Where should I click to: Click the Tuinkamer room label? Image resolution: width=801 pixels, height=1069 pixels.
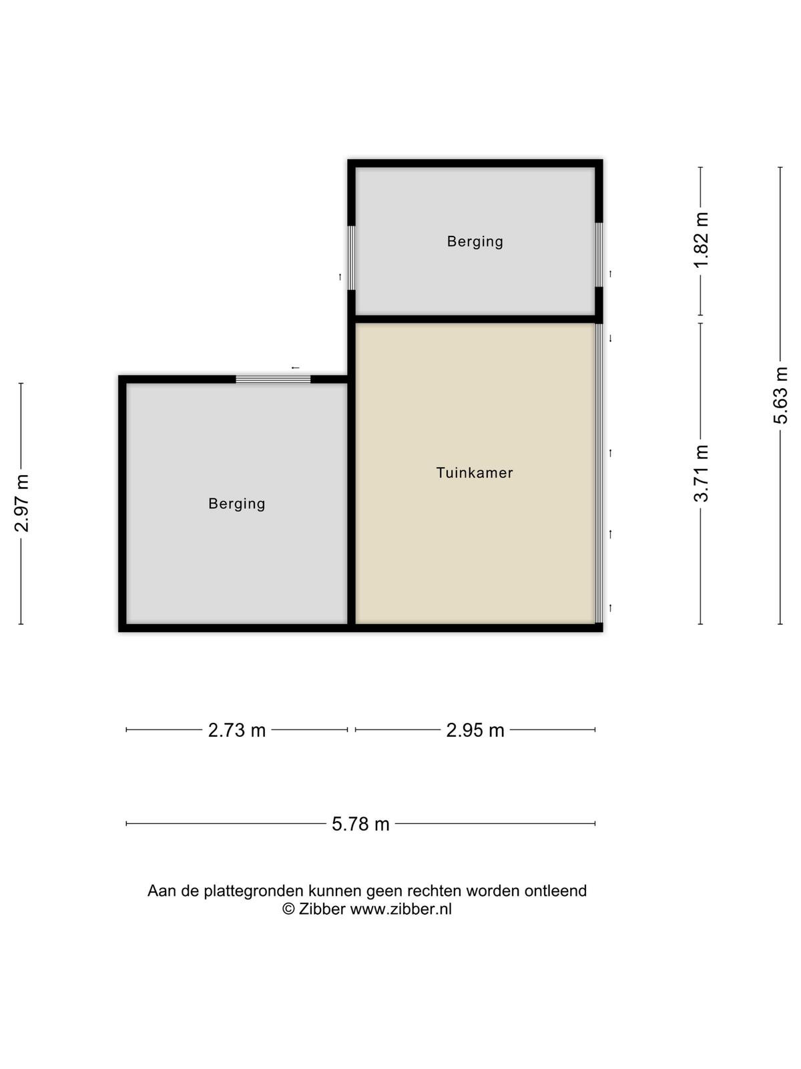point(474,472)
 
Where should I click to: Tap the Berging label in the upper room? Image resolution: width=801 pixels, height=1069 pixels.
point(475,242)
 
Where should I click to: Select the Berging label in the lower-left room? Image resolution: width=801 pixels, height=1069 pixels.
point(237,504)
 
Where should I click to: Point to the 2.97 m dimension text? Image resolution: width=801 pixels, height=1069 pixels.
point(22,502)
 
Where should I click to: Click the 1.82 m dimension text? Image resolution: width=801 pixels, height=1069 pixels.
point(701,240)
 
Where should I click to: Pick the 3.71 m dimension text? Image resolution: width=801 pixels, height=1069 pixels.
point(701,473)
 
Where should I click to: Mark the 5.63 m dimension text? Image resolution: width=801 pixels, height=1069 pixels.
point(780,395)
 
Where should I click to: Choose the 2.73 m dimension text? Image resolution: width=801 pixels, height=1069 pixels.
point(237,730)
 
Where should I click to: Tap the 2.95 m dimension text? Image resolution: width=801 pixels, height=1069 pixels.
point(475,730)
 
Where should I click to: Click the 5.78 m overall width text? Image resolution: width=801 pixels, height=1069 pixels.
point(360,824)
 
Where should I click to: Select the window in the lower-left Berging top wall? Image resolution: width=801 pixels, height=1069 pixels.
point(273,379)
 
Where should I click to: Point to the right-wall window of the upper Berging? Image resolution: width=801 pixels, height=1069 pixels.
point(599,255)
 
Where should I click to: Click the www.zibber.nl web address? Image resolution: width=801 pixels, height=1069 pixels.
point(400,909)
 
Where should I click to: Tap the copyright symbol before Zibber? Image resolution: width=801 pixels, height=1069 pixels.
point(288,909)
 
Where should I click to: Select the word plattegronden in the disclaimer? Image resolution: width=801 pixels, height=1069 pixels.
point(256,891)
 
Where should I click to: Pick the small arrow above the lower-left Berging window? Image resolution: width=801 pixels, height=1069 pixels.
point(295,367)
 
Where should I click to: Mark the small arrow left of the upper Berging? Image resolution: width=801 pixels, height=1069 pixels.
point(340,277)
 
